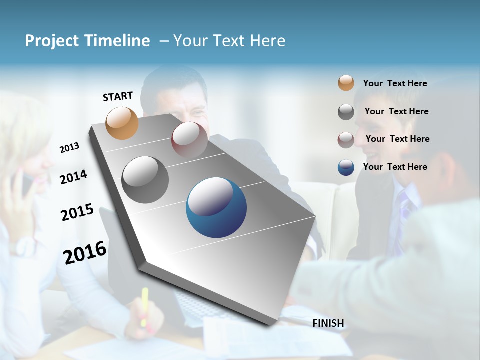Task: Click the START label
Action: pyautogui.click(x=118, y=96)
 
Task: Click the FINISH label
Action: pyautogui.click(x=328, y=323)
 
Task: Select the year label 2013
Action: pyautogui.click(x=70, y=148)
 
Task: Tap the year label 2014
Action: pyautogui.click(x=73, y=177)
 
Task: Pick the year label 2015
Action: pyautogui.click(x=77, y=212)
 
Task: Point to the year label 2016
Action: pyautogui.click(x=85, y=252)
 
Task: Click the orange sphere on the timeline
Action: pyautogui.click(x=122, y=123)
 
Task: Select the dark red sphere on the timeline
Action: pyautogui.click(x=189, y=139)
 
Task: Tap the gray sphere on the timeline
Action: pyautogui.click(x=145, y=180)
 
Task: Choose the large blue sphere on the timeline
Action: pyautogui.click(x=216, y=207)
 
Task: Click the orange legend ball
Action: pyautogui.click(x=346, y=83)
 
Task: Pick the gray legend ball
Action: pyautogui.click(x=346, y=112)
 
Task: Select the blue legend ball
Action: pyautogui.click(x=346, y=167)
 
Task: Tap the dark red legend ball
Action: pyautogui.click(x=346, y=139)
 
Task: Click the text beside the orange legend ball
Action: pyautogui.click(x=395, y=83)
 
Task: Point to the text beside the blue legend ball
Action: pyautogui.click(x=395, y=167)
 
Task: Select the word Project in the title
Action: pyautogui.click(x=50, y=41)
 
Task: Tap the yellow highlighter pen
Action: pyautogui.click(x=145, y=306)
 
